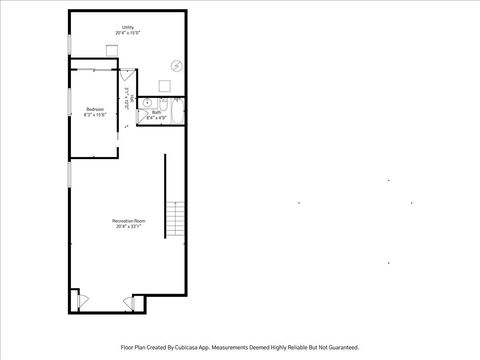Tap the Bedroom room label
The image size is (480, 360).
point(95,110)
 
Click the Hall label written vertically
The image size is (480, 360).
point(127,102)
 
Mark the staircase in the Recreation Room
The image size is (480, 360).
point(177,216)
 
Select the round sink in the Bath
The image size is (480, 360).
point(146,103)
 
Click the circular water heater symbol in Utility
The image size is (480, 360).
point(176,66)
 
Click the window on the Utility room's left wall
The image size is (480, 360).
point(68,45)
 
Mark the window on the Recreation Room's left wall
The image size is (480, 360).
point(68,175)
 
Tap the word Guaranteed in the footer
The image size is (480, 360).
point(337,347)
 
